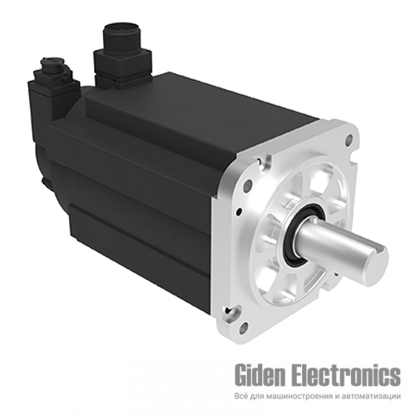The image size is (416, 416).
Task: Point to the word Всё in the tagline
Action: (x=241, y=396)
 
